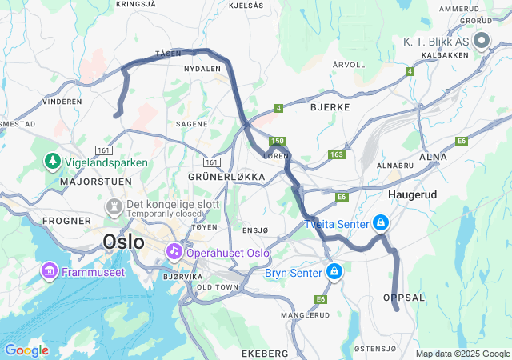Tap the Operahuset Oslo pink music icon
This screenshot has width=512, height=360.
click(174, 252)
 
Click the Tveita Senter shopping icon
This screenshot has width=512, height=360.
click(381, 222)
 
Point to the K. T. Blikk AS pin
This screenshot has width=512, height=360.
click(482, 40)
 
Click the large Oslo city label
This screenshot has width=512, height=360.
click(124, 241)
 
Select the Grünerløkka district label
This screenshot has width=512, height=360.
click(226, 176)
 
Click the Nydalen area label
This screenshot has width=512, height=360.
click(202, 69)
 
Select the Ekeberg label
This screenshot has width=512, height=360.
click(264, 353)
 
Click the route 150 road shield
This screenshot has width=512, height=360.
click(277, 141)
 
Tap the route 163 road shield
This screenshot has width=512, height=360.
click(336, 154)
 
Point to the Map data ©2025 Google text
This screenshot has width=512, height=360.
click(462, 354)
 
